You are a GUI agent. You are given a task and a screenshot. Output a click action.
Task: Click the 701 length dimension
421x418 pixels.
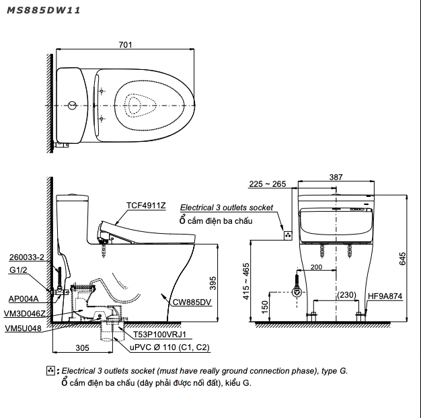click(x=125, y=45)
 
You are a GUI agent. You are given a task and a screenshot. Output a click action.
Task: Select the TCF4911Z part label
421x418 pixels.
click(x=146, y=206)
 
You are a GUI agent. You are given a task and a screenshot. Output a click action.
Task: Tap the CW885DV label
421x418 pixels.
click(x=192, y=302)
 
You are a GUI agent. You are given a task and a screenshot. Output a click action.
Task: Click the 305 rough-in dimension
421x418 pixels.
click(x=81, y=348)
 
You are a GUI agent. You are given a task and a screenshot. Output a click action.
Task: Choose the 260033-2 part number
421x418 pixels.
click(x=27, y=257)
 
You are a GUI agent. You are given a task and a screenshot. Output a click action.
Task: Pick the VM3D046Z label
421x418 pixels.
click(x=24, y=313)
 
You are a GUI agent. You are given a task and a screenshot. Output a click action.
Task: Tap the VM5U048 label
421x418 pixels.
click(x=22, y=329)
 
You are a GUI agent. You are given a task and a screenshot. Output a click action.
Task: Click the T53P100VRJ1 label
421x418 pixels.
click(x=159, y=334)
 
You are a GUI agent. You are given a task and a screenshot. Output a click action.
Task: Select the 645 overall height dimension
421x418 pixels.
click(x=403, y=259)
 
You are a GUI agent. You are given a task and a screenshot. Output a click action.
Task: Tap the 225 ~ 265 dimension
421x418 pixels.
click(x=266, y=183)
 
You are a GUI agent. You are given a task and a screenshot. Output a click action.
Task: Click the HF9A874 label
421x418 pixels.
click(x=385, y=295)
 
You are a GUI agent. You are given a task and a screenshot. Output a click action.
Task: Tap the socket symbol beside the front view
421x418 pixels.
click(x=287, y=235)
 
